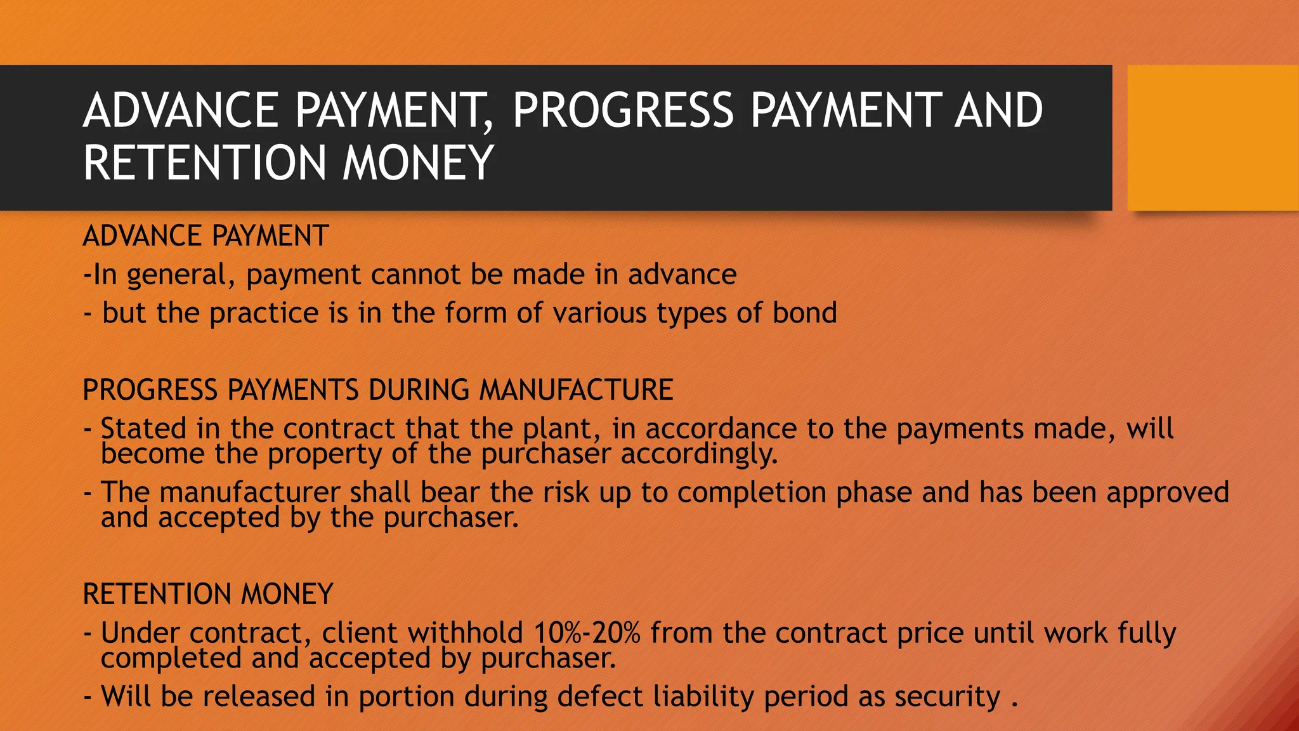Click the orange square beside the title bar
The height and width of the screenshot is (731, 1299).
1213,138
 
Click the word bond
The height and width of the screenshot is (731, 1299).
804,313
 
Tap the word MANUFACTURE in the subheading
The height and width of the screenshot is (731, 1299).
576,390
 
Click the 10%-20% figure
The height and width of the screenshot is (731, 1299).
587,633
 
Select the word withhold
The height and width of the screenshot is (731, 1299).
465,633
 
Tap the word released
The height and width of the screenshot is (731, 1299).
259,696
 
